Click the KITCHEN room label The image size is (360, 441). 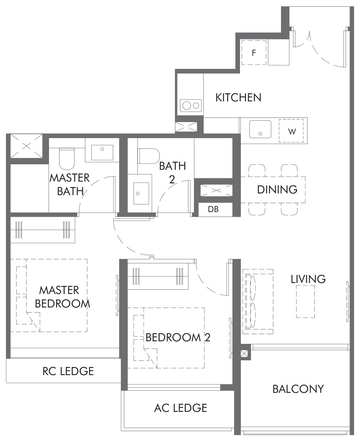tap(238, 97)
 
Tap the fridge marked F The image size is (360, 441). tap(254, 52)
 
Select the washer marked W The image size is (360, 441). tap(292, 131)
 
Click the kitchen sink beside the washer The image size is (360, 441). tap(260, 129)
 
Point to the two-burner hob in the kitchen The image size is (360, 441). tap(191, 106)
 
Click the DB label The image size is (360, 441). tap(213, 209)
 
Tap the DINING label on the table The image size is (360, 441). tap(277, 190)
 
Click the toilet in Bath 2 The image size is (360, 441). tap(148, 156)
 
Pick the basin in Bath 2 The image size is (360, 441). tap(141, 193)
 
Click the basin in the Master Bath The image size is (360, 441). tap(102, 153)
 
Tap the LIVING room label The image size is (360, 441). tap(308, 279)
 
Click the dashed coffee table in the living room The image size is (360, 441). tap(305, 302)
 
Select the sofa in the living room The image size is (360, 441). tap(258, 302)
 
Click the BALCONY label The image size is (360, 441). tap(298, 389)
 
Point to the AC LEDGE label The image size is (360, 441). tap(180, 408)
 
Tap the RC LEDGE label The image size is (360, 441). tap(68, 371)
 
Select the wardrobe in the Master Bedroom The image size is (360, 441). tap(43, 229)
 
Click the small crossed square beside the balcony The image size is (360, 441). tap(244, 354)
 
